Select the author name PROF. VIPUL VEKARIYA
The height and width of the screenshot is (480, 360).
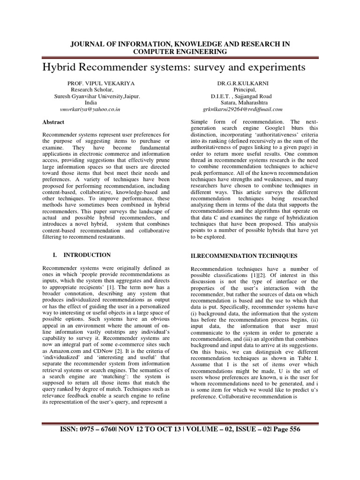coord(101,82)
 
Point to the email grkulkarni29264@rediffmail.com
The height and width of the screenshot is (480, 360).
coord(242,109)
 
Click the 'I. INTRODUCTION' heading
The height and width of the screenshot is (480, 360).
coord(81,255)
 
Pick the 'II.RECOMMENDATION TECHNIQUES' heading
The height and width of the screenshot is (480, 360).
coord(244,256)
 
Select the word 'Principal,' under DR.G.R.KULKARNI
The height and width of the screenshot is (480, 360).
coord(244,89)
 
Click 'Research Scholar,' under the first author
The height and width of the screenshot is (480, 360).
coord(91,89)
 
